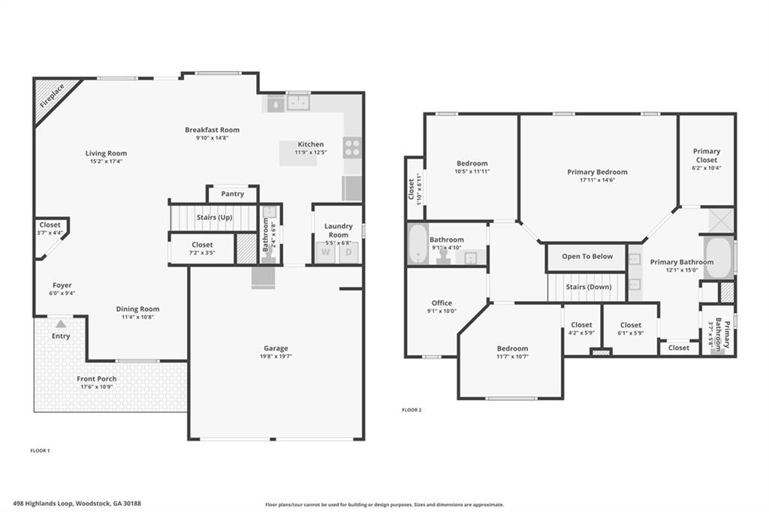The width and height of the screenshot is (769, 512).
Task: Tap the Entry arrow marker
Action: (61, 324)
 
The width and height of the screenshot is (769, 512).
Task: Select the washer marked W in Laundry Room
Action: (325, 252)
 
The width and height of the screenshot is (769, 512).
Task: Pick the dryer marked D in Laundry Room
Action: (348, 252)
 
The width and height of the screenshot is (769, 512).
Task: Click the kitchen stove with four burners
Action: (351, 147)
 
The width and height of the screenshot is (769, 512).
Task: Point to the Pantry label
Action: (233, 194)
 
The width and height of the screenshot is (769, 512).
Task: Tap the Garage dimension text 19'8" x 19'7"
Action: (276, 357)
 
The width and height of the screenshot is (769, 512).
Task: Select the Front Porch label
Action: (96, 379)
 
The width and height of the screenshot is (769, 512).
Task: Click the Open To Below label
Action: (587, 257)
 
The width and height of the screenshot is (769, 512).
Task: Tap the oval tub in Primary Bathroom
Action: (719, 257)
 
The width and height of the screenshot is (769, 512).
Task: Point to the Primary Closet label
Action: (706, 155)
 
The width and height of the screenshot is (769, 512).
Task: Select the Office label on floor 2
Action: (442, 303)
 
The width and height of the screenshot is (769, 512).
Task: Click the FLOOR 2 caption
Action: (412, 410)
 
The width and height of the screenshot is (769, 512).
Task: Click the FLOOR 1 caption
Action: (40, 450)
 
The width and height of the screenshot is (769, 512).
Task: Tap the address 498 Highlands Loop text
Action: (77, 504)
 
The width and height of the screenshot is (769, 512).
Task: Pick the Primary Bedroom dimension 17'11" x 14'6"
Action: (597, 180)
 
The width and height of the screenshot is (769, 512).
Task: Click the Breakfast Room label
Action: (212, 130)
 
